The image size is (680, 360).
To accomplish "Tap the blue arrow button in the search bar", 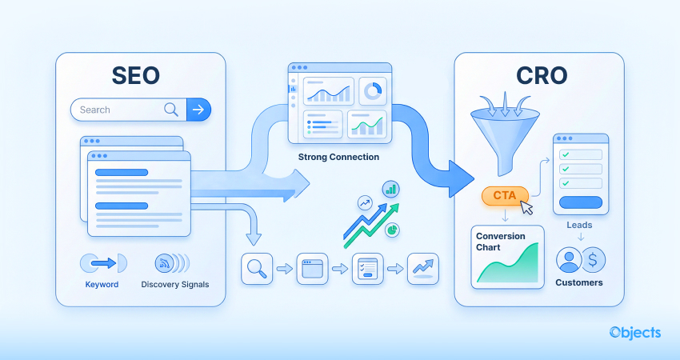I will tap(198, 110).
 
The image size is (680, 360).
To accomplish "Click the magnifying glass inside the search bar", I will tap(171, 110).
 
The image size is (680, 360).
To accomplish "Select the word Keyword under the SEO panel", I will tap(102, 284).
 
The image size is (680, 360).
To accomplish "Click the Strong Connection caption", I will tap(338, 157).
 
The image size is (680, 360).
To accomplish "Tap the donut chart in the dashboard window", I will tap(371, 91).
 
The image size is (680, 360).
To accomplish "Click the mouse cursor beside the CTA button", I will tap(526, 207).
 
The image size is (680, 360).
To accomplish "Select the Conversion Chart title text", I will tap(501, 242).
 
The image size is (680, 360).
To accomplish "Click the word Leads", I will tap(580, 226).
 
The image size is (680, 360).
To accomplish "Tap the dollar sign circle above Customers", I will tap(593, 260).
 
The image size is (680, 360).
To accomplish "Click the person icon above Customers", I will tap(569, 260).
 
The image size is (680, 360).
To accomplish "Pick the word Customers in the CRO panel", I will tap(580, 282).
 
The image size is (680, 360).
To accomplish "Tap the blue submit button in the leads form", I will tap(580, 202).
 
